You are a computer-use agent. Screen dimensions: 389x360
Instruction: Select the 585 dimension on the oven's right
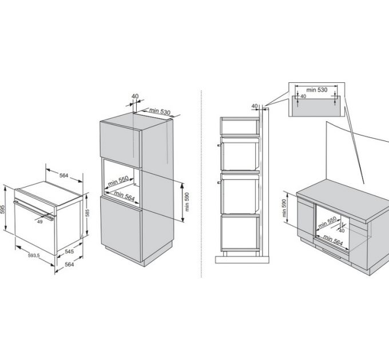tap(88, 213)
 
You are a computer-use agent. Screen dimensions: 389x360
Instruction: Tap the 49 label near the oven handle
tap(39, 222)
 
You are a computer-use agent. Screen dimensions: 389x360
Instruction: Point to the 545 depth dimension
tap(69, 251)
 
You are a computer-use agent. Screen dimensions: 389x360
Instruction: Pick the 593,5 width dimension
tap(34, 255)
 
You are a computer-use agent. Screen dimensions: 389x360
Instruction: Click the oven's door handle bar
tap(34, 211)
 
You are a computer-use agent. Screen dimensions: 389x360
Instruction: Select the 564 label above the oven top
tap(63, 175)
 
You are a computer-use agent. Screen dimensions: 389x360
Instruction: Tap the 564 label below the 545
tap(69, 265)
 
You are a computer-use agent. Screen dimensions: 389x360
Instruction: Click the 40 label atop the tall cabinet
tap(135, 96)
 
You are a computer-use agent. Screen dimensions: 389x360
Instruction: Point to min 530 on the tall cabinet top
tap(160, 111)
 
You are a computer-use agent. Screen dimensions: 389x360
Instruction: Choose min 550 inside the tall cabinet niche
tap(118, 181)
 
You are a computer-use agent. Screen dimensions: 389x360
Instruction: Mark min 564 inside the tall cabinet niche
tap(124, 196)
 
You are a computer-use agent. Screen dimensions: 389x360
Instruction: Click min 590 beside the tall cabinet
tap(187, 202)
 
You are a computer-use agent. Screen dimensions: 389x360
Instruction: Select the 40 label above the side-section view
tap(255, 106)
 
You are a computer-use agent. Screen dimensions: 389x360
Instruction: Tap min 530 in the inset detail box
tap(317, 90)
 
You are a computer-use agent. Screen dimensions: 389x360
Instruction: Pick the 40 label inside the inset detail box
tap(303, 97)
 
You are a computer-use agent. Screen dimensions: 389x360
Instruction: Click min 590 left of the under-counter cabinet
tap(284, 208)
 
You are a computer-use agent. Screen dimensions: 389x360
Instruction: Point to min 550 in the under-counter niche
tap(327, 222)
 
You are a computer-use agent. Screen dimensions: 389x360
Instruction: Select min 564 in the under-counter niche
tap(333, 241)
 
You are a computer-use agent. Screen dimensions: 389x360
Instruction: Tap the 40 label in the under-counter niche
tap(342, 231)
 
